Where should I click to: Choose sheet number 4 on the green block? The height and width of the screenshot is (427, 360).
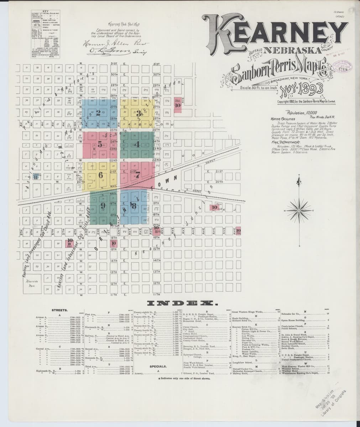[x=137, y=144]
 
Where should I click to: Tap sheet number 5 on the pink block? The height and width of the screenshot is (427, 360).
[x=100, y=144]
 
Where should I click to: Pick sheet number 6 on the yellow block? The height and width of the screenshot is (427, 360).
[x=101, y=175]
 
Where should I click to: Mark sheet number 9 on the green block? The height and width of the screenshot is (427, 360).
[x=103, y=206]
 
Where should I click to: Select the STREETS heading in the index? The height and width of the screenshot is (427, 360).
[x=58, y=311]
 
